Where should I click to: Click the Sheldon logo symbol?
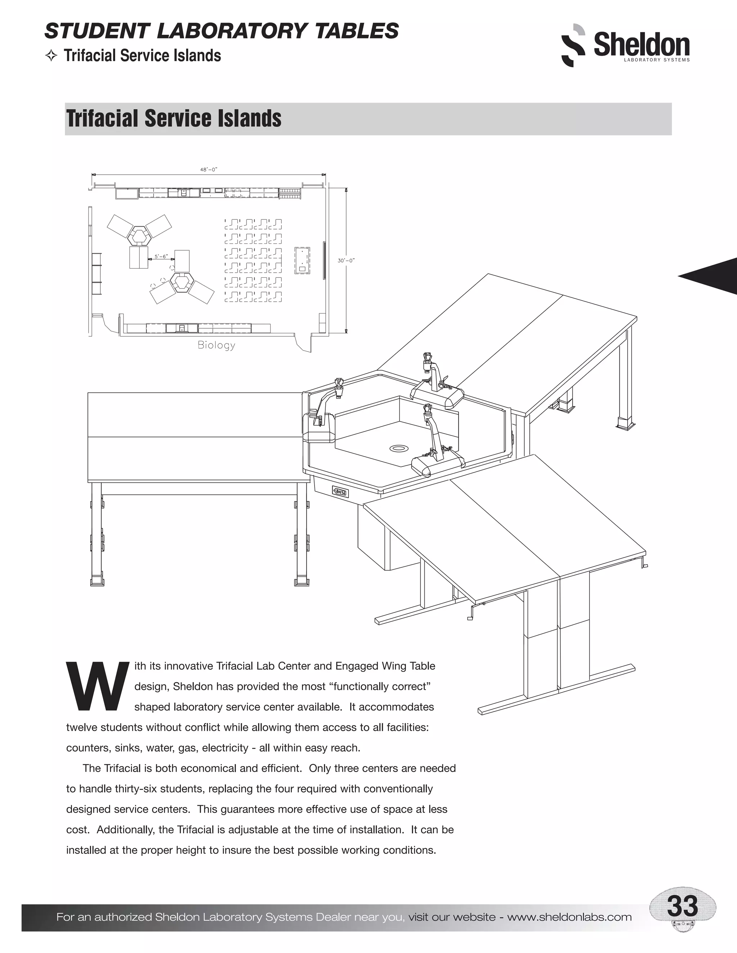(x=573, y=45)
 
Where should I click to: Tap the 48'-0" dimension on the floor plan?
(x=209, y=169)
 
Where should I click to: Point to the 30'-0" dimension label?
(x=346, y=260)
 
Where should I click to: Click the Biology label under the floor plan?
(x=216, y=345)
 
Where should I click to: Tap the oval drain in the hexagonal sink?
(x=398, y=448)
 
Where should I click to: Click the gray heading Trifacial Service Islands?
(x=174, y=119)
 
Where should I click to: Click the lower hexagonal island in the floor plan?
(x=180, y=282)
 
